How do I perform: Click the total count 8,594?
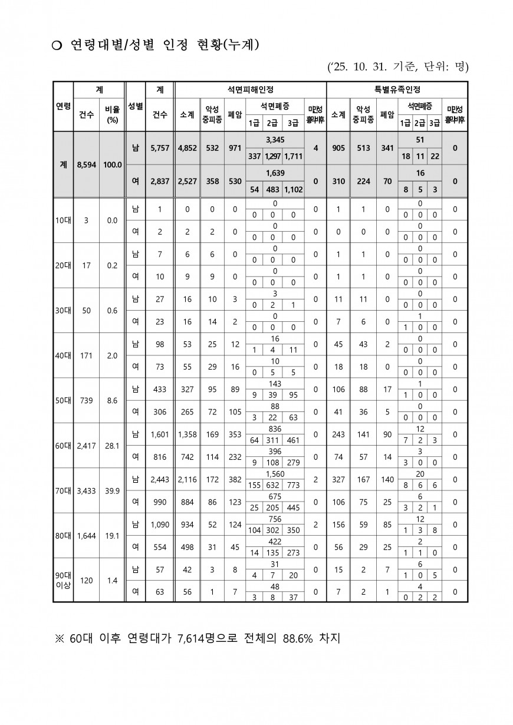click(x=86, y=165)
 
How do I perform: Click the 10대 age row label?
click(x=63, y=220)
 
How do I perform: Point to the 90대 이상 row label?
click(x=63, y=581)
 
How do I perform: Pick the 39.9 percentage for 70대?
click(x=112, y=490)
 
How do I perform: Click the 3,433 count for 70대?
click(x=86, y=490)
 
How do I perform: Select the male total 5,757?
click(x=159, y=149)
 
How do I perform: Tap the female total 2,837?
click(x=159, y=182)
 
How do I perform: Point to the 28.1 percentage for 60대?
click(x=112, y=446)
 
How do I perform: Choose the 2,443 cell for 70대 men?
click(x=159, y=479)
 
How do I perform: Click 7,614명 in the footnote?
click(x=200, y=638)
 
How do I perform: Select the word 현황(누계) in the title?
click(x=229, y=45)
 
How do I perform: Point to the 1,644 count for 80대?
click(x=86, y=536)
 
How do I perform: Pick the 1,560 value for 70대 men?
click(x=275, y=473)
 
